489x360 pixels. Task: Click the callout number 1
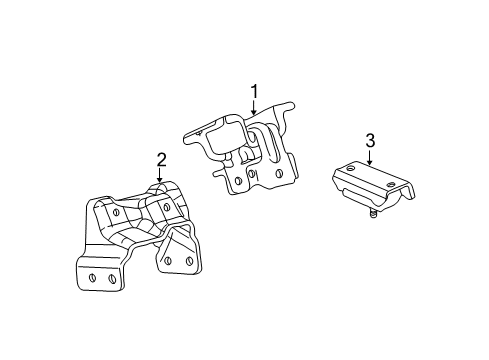(x=254, y=94)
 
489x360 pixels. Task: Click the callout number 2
(x=159, y=159)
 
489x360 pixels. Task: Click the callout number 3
(x=370, y=141)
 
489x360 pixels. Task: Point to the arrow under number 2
(x=159, y=178)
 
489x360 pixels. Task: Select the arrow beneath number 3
(x=370, y=158)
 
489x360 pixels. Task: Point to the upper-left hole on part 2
(x=117, y=211)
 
